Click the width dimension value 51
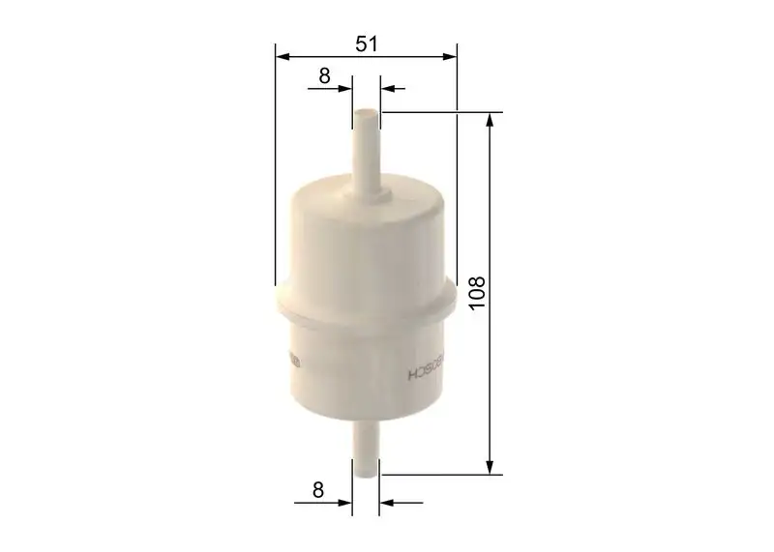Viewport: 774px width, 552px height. (365, 43)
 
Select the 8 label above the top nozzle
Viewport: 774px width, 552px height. (324, 74)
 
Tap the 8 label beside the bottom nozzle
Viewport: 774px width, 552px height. (317, 489)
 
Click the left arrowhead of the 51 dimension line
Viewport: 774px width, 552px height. (282, 57)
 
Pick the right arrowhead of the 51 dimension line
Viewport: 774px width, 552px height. (449, 57)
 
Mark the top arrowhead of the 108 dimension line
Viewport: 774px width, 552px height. (493, 119)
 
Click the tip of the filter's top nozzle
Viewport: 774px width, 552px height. (366, 114)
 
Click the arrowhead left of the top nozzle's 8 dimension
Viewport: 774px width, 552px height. (345, 88)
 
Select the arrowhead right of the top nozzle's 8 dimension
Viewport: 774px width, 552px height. (387, 88)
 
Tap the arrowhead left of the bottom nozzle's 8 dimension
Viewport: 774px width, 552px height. (345, 503)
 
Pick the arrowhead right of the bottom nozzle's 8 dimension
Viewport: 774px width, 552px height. (387, 503)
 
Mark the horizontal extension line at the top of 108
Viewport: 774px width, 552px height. (435, 112)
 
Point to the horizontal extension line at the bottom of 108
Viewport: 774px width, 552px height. (435, 475)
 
